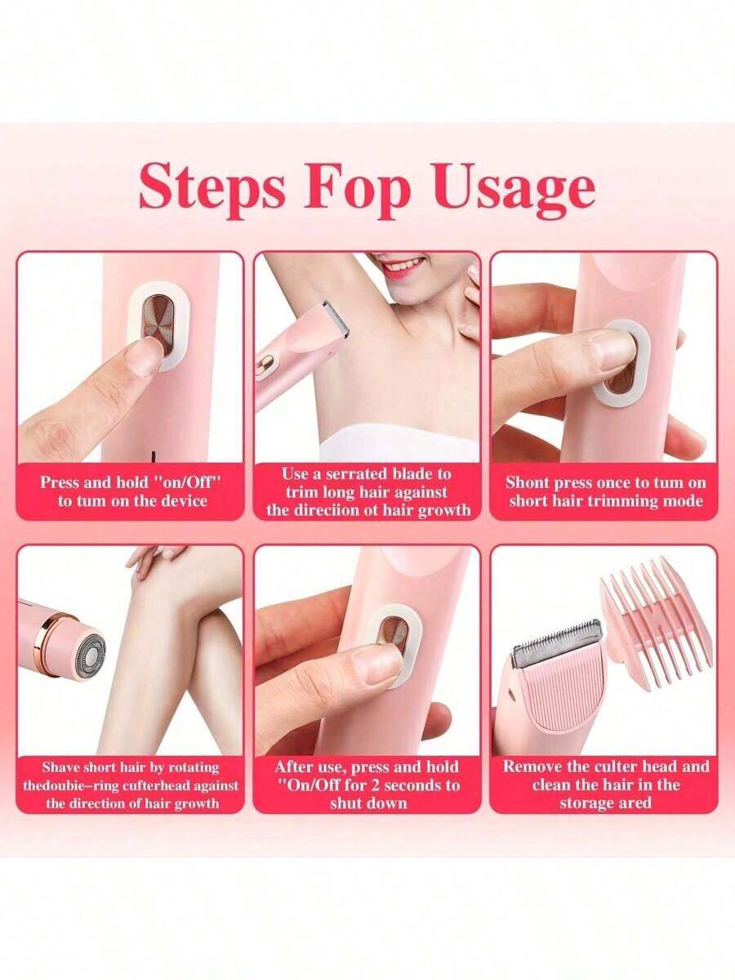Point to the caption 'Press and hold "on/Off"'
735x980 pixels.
tap(131, 482)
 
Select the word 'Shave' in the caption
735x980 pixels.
tap(61, 767)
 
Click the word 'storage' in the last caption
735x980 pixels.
tap(588, 803)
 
